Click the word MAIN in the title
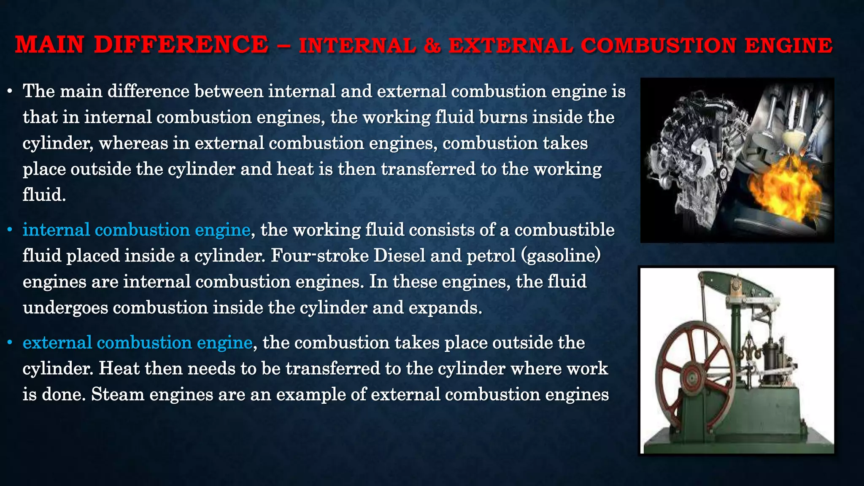[49, 45]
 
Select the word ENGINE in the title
[788, 46]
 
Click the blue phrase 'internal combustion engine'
[137, 230]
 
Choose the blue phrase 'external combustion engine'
[138, 343]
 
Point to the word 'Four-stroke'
[320, 256]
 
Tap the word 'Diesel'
[399, 256]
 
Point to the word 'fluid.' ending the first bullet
[44, 195]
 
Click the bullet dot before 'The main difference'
[10, 91]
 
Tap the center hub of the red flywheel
[692, 375]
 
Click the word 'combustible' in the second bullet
[564, 230]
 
